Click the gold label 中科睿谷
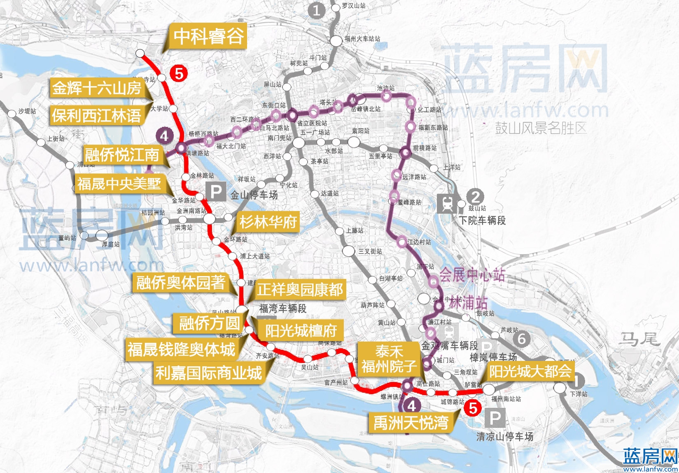click(x=208, y=36)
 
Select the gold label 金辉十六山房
click(x=97, y=88)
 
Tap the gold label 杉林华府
click(x=268, y=222)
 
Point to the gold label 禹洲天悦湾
click(x=411, y=422)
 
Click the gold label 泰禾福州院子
click(x=388, y=358)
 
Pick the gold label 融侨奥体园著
click(x=181, y=282)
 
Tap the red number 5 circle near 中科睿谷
click(x=179, y=74)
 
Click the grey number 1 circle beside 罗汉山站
click(x=316, y=10)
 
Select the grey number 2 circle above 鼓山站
click(x=475, y=197)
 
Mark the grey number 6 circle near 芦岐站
click(x=522, y=339)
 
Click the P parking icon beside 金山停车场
click(x=216, y=192)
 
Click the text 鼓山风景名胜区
click(x=540, y=128)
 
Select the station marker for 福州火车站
click(x=336, y=40)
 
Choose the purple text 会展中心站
click(x=472, y=275)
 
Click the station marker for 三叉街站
click(x=348, y=251)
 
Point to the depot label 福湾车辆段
click(x=282, y=308)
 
